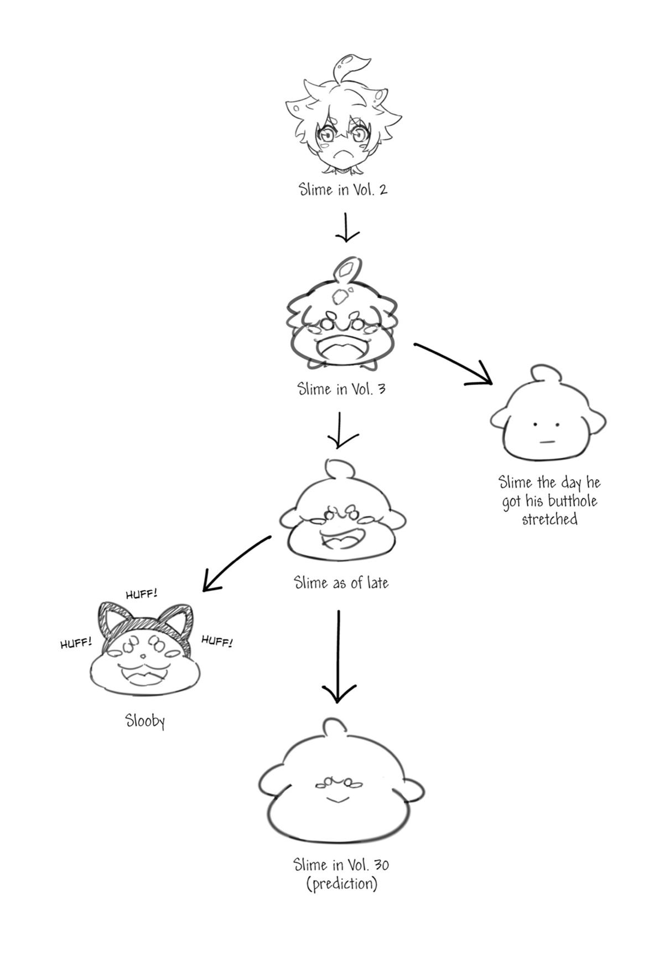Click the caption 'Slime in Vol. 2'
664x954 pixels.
coord(343,189)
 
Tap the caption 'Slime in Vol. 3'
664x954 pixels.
coord(341,388)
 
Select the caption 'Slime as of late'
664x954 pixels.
coord(341,582)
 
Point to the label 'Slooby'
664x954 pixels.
coord(145,721)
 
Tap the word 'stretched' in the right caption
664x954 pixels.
coord(549,519)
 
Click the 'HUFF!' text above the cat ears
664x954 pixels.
coord(142,594)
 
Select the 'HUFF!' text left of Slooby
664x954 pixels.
coord(76,643)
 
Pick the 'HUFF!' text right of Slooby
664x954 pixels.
coord(216,641)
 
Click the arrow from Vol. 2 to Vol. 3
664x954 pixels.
coord(346,227)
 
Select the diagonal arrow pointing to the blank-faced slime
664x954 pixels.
coord(454,363)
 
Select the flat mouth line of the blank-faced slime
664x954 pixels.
coord(547,442)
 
